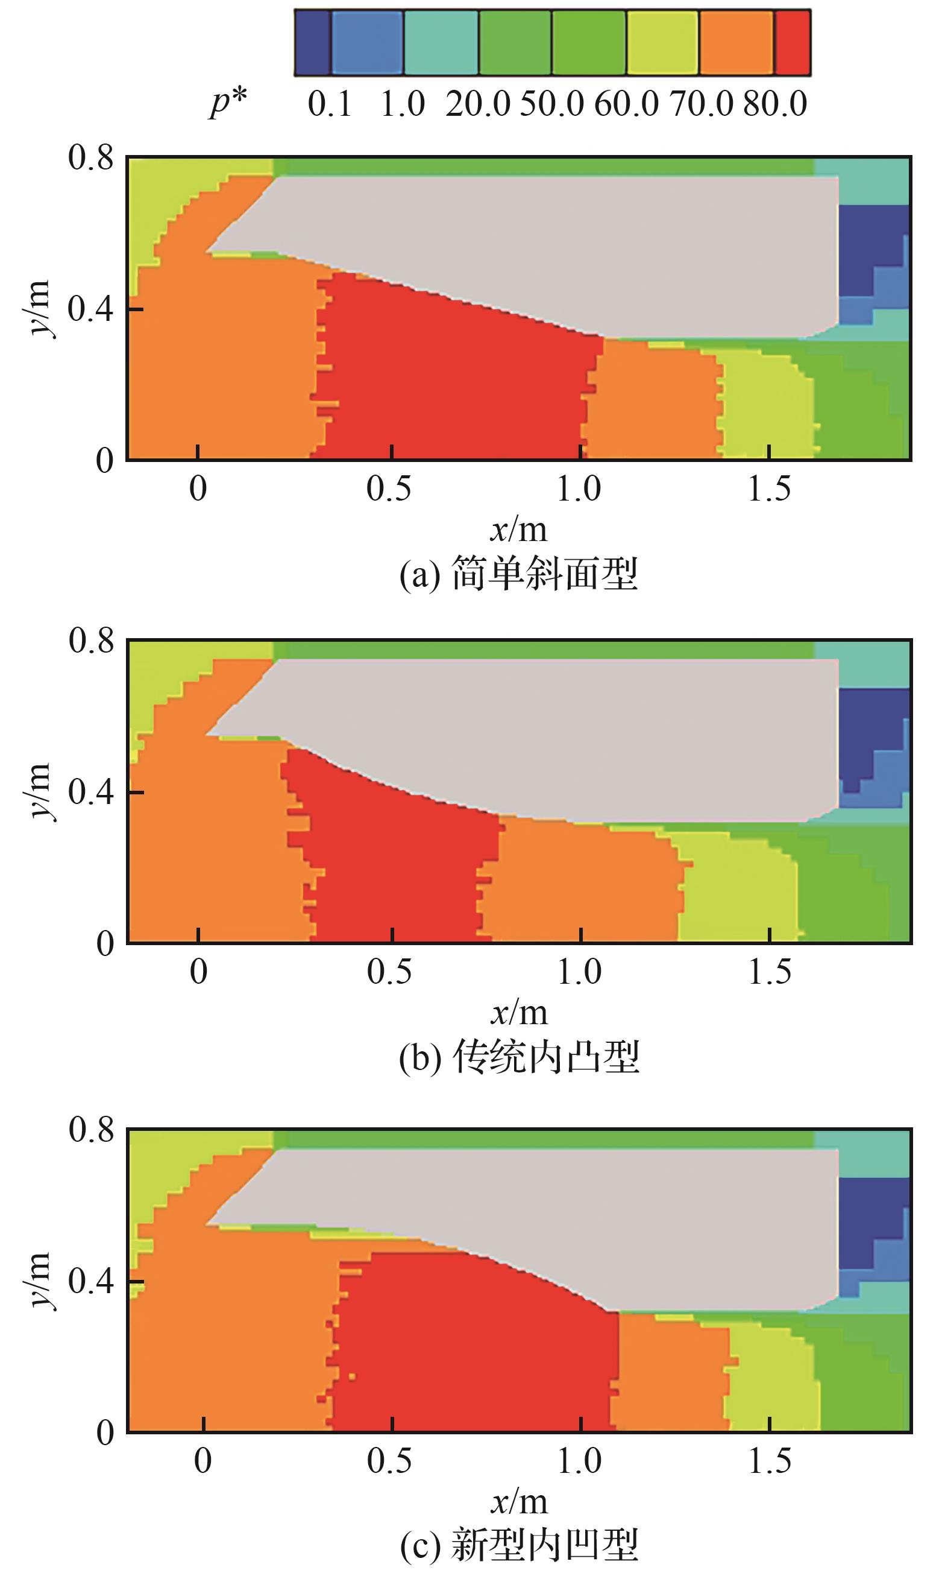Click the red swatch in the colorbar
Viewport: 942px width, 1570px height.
point(793,43)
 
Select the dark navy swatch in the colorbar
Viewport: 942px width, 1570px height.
point(312,43)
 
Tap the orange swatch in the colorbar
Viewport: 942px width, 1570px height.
point(736,43)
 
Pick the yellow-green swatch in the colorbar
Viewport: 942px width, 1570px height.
point(662,43)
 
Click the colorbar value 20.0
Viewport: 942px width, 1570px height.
point(477,104)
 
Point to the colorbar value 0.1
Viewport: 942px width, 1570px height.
point(330,104)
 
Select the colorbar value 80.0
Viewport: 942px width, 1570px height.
point(775,104)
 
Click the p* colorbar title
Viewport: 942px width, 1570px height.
point(228,104)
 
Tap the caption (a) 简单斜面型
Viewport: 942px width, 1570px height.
point(518,574)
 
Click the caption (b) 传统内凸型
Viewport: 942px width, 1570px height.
point(518,1057)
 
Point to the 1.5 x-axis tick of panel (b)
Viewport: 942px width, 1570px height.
point(770,972)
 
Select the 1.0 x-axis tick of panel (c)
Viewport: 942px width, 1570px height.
point(579,1461)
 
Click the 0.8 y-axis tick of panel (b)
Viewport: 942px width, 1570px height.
point(91,640)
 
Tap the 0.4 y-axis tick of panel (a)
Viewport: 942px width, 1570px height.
point(91,309)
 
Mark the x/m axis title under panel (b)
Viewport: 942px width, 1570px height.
point(518,1011)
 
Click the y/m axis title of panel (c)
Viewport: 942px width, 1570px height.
point(39,1280)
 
